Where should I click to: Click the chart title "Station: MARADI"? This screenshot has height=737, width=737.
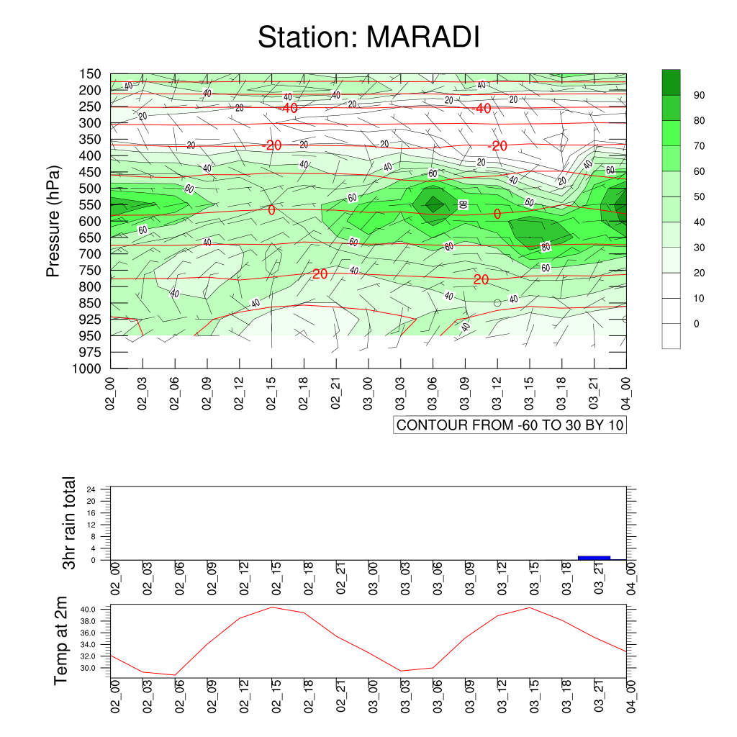pyautogui.click(x=368, y=37)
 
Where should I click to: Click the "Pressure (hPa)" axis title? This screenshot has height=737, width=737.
pyautogui.click(x=53, y=221)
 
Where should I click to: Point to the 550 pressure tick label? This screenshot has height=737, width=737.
pyautogui.click(x=90, y=205)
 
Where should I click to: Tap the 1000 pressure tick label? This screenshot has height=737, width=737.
pyautogui.click(x=87, y=368)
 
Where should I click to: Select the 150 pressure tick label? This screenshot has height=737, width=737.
pyautogui.click(x=90, y=74)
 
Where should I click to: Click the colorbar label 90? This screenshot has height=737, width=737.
pyautogui.click(x=699, y=96)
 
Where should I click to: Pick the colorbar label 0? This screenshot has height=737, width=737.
pyautogui.click(x=696, y=324)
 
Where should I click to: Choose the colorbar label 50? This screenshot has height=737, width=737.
pyautogui.click(x=699, y=197)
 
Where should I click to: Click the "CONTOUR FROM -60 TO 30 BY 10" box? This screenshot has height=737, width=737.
pyautogui.click(x=510, y=425)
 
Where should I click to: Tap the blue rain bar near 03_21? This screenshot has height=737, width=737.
pyautogui.click(x=594, y=558)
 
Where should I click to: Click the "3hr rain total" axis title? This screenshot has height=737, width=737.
pyautogui.click(x=69, y=523)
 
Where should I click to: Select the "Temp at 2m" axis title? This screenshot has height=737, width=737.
pyautogui.click(x=60, y=641)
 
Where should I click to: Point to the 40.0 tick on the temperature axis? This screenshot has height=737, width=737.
pyautogui.click(x=88, y=610)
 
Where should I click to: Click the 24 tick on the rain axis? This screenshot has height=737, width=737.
pyautogui.click(x=91, y=489)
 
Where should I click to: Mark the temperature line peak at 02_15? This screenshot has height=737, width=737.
pyautogui.click(x=271, y=607)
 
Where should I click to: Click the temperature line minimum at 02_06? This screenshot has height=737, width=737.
pyautogui.click(x=175, y=675)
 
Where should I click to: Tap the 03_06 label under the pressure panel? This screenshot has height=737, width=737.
pyautogui.click(x=433, y=394)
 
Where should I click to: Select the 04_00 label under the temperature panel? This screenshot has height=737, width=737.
pyautogui.click(x=631, y=696)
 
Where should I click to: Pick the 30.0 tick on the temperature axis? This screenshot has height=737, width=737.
pyautogui.click(x=88, y=669)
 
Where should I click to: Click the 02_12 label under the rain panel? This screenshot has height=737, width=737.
pyautogui.click(x=245, y=579)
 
